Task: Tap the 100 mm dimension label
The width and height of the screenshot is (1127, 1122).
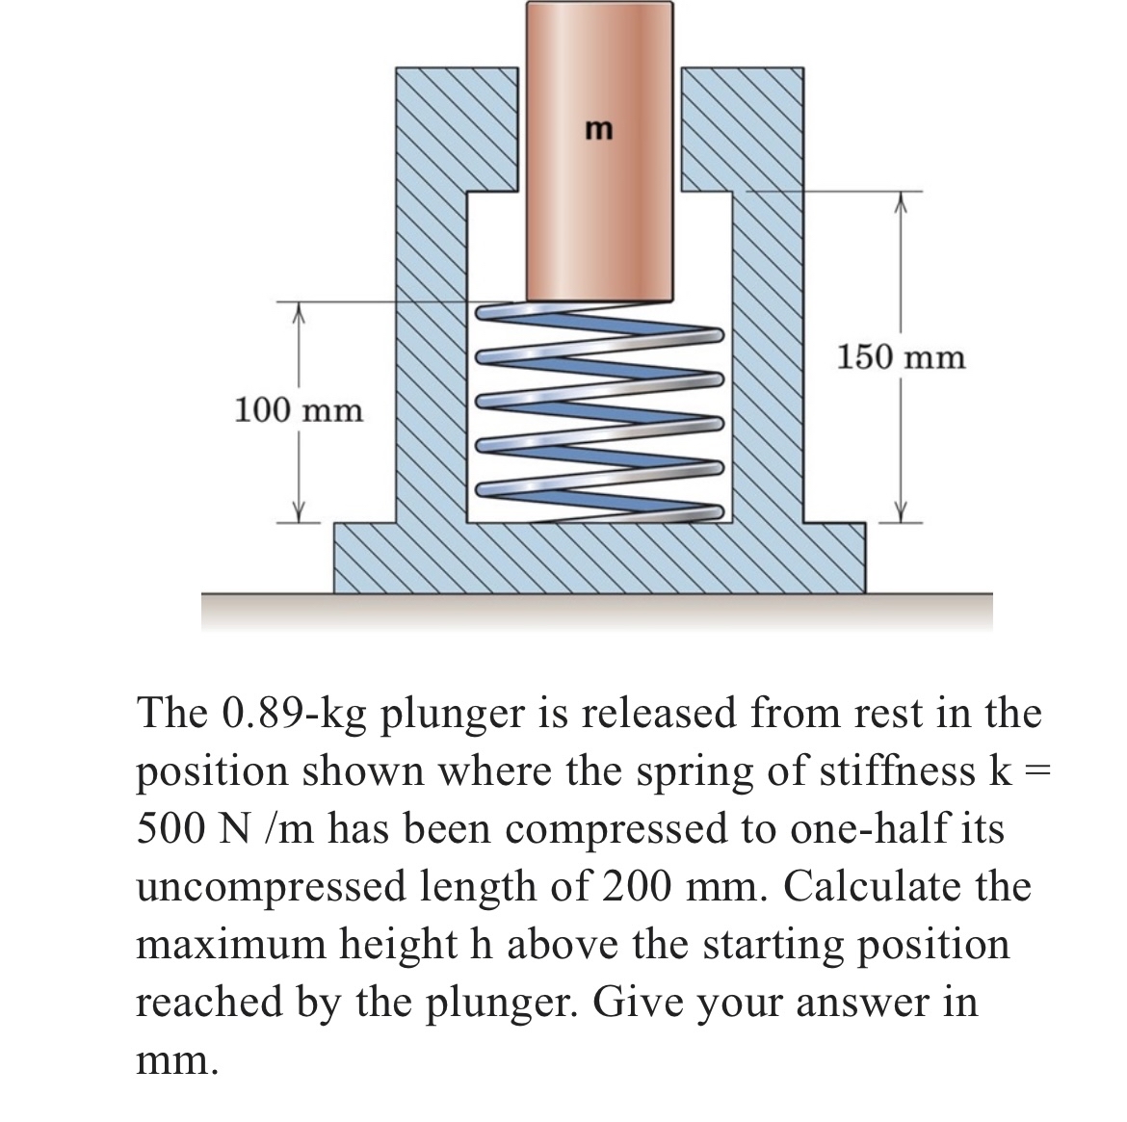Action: (x=300, y=411)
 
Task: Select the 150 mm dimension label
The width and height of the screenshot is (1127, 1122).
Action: (x=900, y=358)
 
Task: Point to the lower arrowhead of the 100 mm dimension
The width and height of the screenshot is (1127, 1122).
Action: (x=299, y=513)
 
